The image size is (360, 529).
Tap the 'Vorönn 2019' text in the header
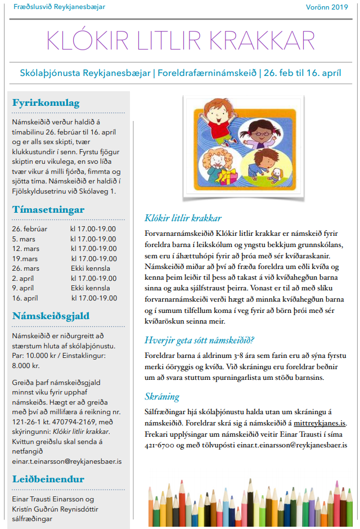pyautogui.click(x=327, y=7)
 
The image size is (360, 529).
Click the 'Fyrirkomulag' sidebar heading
pyautogui.click(x=46, y=103)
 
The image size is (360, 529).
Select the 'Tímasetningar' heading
pyautogui.click(x=48, y=210)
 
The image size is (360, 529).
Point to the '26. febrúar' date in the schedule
pyautogui.click(x=30, y=229)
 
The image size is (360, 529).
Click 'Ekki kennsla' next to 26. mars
pyautogui.click(x=90, y=268)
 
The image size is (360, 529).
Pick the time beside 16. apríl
pyautogui.click(x=93, y=298)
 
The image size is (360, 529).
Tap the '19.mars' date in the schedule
pyautogui.click(x=25, y=259)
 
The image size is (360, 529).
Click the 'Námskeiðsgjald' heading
pyautogui.click(x=51, y=316)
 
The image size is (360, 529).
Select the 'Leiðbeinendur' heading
pyautogui.click(x=48, y=479)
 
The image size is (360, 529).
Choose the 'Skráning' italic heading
pyautogui.click(x=162, y=396)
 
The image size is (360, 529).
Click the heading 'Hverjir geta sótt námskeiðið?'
pyautogui.click(x=200, y=340)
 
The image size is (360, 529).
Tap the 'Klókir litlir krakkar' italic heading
pyautogui.click(x=183, y=218)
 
